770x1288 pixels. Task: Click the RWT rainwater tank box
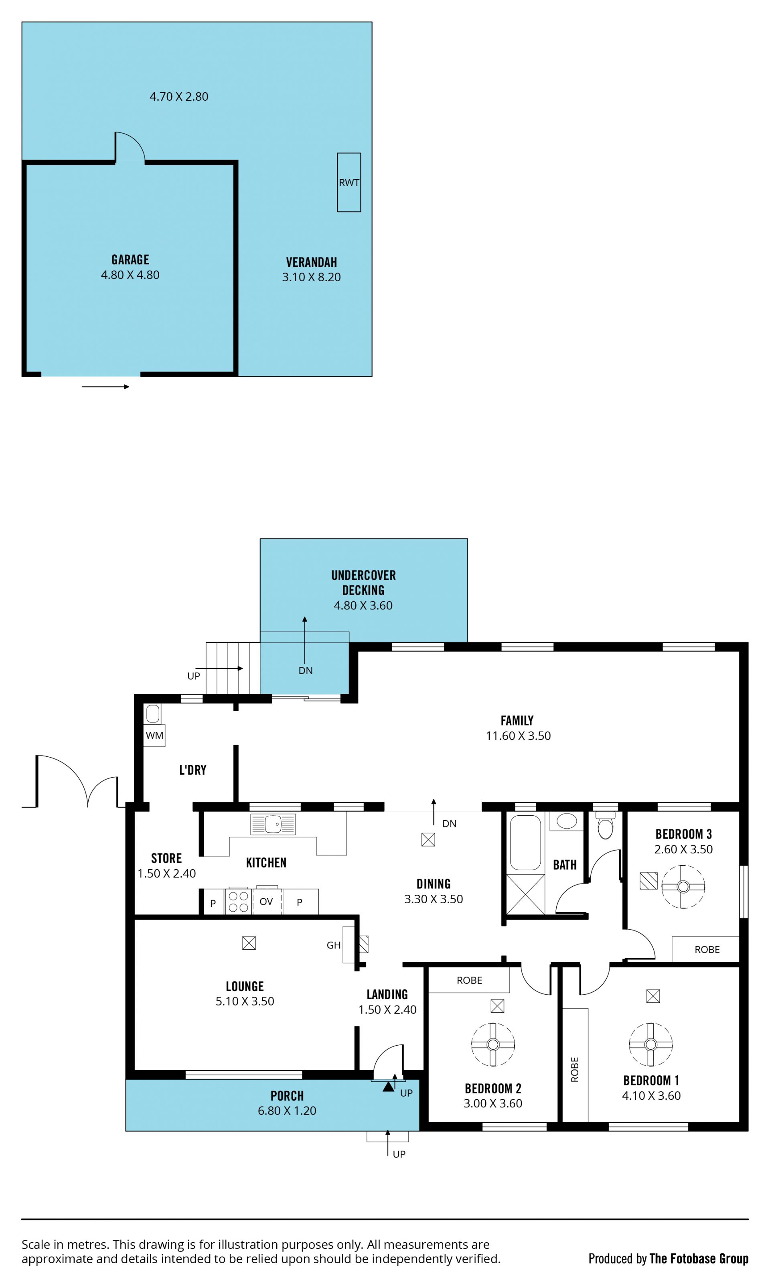pos(349,182)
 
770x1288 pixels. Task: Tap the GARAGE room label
pos(130,260)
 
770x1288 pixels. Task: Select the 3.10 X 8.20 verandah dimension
pos(311,277)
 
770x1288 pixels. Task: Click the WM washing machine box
pos(154,735)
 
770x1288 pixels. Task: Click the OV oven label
pos(266,902)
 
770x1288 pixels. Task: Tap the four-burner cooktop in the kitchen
pos(238,901)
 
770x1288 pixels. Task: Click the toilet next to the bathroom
pos(606,825)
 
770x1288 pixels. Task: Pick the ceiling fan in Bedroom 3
pos(683,887)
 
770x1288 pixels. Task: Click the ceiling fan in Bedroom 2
pos(493,1044)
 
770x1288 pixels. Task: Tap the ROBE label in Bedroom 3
pos(707,949)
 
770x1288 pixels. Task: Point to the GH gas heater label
pos(334,945)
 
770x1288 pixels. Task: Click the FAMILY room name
pos(517,721)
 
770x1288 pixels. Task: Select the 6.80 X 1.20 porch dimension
pos(287,1111)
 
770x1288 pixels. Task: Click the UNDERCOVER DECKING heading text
pos(363,583)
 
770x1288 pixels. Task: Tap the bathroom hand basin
pos(567,821)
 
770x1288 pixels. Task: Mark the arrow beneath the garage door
pos(105,387)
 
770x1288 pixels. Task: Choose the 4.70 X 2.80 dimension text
pos(179,97)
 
